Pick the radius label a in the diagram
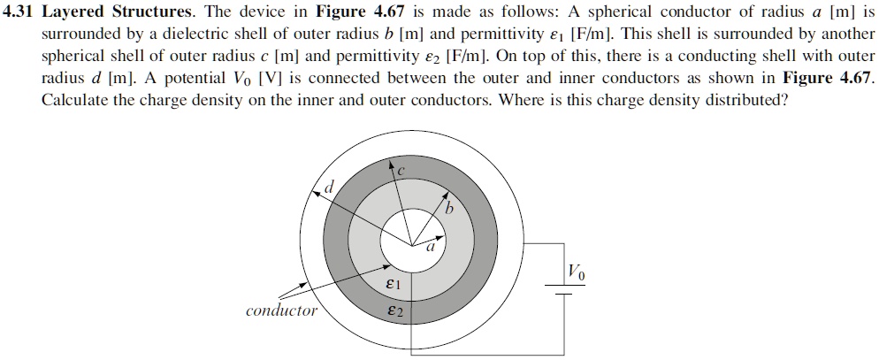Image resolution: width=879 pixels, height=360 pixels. (431, 249)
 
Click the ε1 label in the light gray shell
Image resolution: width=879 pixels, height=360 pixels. (394, 285)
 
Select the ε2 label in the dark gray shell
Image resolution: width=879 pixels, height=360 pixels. (394, 312)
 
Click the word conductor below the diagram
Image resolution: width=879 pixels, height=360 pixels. (281, 311)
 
